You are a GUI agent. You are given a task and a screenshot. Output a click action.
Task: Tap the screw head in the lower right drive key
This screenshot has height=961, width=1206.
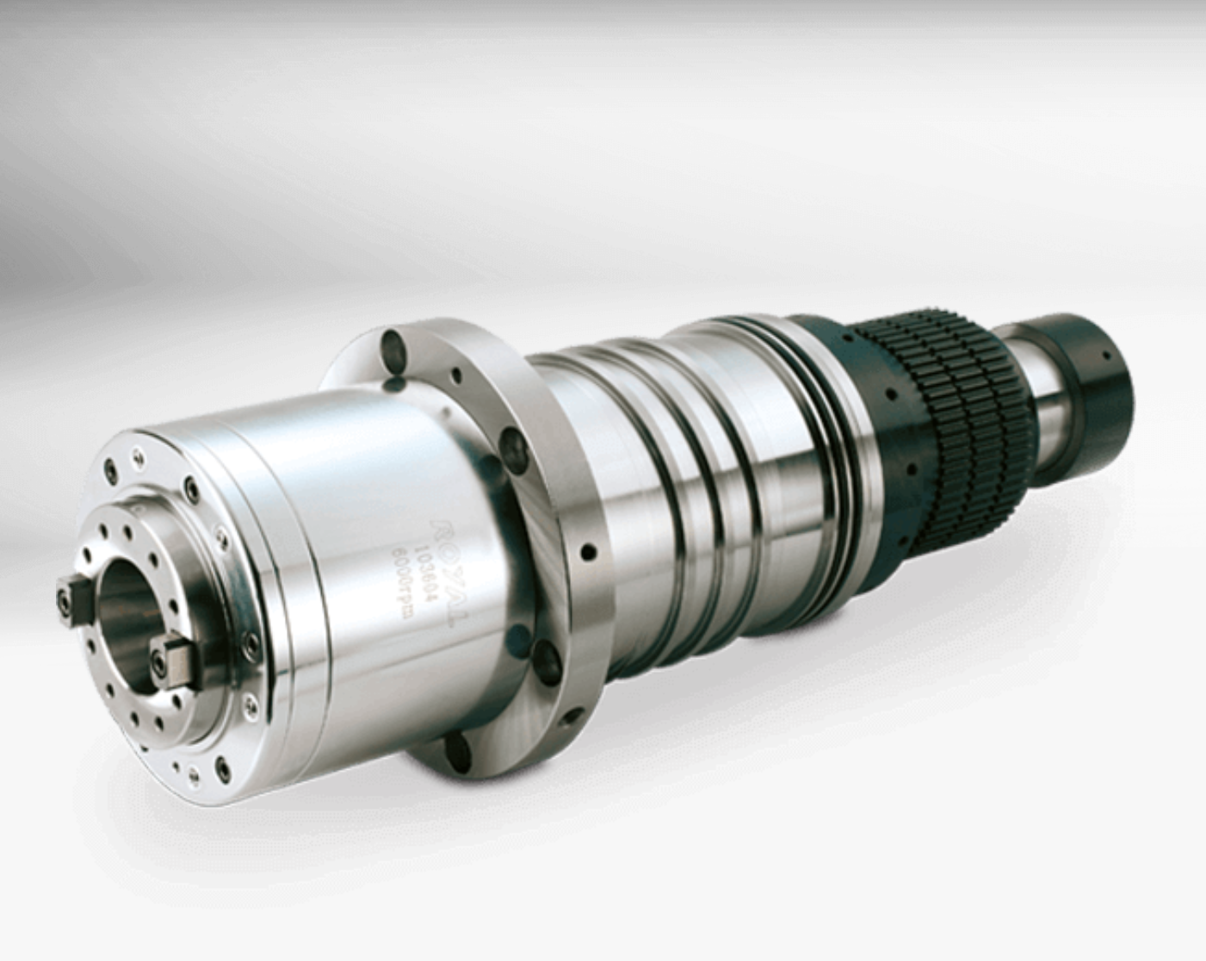159,660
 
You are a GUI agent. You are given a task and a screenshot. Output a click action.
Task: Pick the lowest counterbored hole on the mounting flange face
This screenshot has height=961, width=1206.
460,744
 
